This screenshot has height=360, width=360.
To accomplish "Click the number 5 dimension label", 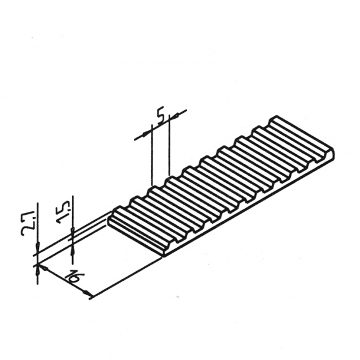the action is pyautogui.click(x=161, y=115).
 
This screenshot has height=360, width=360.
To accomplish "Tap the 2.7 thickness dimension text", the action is pyautogui.click(x=28, y=223).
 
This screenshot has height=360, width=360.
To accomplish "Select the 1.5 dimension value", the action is pyautogui.click(x=64, y=212).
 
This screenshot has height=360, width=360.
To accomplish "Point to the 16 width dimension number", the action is pyautogui.click(x=74, y=278).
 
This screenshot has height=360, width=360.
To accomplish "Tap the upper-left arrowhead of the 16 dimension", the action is pyautogui.click(x=43, y=268).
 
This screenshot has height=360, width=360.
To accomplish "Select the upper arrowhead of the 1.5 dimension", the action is pyautogui.click(x=73, y=233).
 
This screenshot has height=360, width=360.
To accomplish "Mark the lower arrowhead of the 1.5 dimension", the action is pyautogui.click(x=73, y=250).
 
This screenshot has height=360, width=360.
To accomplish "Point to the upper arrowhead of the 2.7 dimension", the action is pyautogui.click(x=37, y=247).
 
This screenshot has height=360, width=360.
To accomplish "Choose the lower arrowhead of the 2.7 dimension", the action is pyautogui.click(x=37, y=271).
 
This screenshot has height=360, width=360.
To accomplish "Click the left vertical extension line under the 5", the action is pyautogui.click(x=152, y=155).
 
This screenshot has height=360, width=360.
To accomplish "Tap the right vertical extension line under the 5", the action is pyautogui.click(x=169, y=145).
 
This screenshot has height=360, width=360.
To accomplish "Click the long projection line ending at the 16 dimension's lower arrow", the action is pyautogui.click(x=127, y=278).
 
